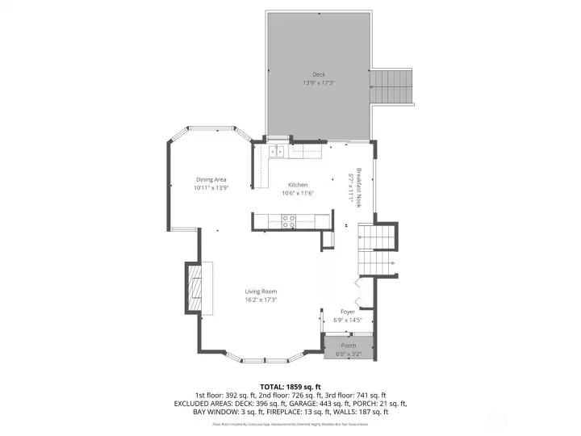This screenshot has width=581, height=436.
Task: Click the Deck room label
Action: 320,75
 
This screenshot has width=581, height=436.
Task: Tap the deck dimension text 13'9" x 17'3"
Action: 320,83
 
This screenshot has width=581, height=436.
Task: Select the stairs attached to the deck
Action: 391,85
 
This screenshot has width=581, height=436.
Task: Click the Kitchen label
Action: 298,185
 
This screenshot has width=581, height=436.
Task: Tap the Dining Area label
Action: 211,179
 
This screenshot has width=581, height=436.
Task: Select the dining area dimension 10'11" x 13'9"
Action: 211,187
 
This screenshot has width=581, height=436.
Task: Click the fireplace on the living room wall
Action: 194,288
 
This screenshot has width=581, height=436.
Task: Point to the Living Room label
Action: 261,291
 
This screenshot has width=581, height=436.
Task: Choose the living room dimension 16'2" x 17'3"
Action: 261,300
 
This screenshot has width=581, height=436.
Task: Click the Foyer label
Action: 347,311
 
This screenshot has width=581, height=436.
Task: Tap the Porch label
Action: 348,346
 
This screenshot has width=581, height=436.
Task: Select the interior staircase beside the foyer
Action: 376,240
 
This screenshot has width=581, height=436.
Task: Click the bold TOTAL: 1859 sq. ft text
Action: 290,386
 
